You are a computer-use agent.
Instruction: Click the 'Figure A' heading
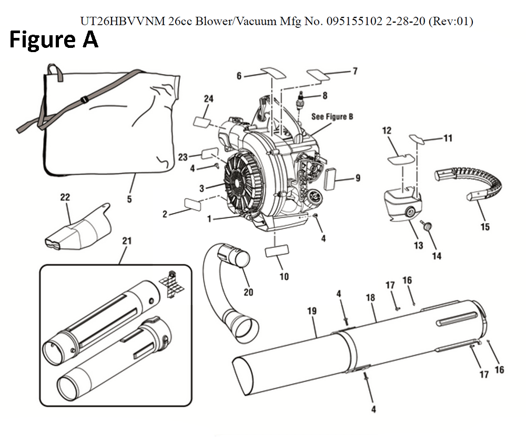pos(54,39)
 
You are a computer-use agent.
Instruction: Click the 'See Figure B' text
pos(332,116)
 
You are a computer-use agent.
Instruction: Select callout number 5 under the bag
pos(129,199)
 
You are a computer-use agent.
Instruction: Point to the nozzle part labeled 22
pos(78,228)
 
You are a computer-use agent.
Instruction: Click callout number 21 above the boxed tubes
pos(126,240)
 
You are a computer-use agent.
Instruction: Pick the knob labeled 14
pos(428,227)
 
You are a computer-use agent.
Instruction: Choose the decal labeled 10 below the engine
pos(277,251)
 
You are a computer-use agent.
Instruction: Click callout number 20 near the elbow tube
pos(248,293)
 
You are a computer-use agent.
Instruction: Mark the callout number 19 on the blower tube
pos(312,311)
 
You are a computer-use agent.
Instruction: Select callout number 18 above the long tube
pos(370,297)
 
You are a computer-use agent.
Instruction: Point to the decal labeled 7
pos(318,75)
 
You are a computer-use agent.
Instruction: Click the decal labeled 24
pos(202,122)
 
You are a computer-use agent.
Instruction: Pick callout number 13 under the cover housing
pos(418,245)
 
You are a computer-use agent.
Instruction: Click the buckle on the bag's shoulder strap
pos(84,99)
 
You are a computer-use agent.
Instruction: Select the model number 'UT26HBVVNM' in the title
pos(123,21)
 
